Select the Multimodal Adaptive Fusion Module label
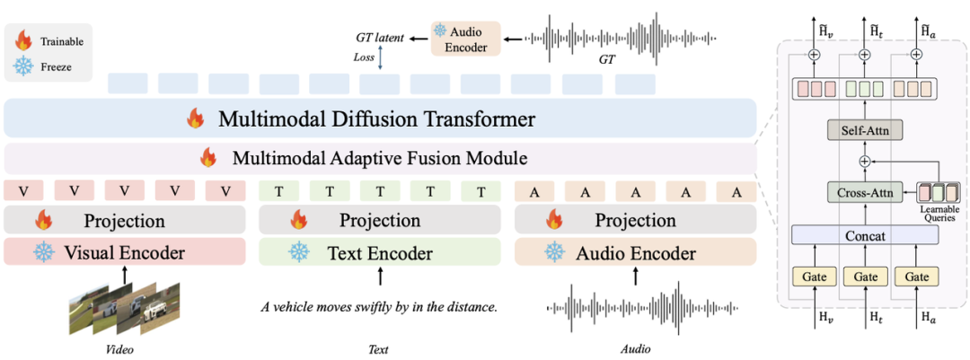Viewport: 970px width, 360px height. [379, 159]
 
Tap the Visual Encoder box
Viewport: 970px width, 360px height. [125, 252]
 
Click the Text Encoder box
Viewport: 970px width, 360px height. [379, 252]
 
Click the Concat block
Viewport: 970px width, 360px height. [865, 235]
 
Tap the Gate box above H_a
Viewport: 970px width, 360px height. [917, 276]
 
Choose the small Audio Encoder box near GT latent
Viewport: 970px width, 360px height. [464, 39]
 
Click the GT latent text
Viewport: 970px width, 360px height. [379, 38]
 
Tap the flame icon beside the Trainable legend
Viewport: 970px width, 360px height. [23, 40]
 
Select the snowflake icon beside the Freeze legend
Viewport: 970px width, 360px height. [23, 66]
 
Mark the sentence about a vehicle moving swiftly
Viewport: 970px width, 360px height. [379, 306]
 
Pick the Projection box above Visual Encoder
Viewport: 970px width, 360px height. [125, 220]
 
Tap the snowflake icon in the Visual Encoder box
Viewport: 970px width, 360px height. [44, 252]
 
